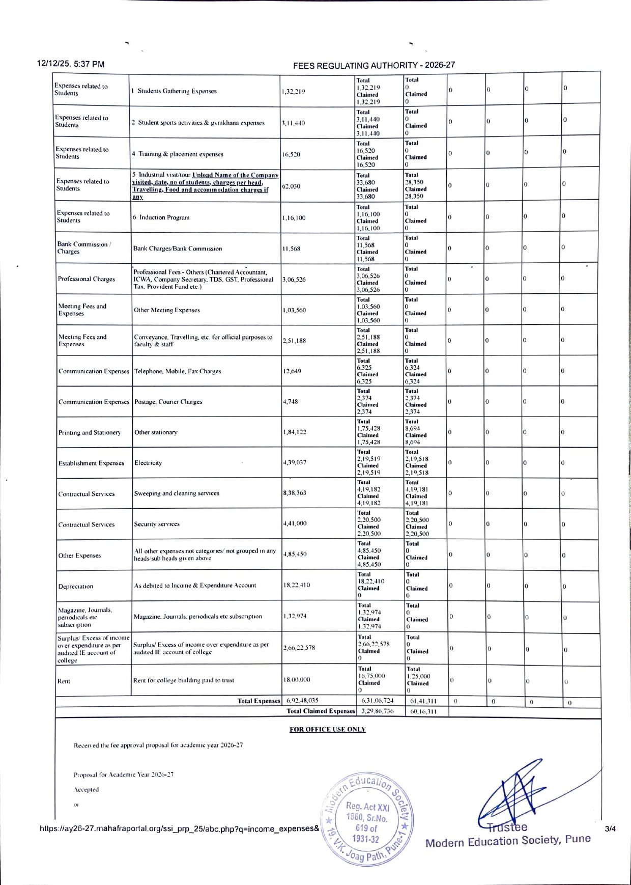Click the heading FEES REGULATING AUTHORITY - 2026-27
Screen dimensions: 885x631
374,65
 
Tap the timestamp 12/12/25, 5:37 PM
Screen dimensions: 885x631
71,64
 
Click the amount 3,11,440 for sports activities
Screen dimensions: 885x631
294,123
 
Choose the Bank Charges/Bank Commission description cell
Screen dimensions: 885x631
178,248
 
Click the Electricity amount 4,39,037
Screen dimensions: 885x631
295,462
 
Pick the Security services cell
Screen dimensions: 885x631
157,524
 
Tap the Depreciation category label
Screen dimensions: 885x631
75,586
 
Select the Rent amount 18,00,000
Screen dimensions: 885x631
297,680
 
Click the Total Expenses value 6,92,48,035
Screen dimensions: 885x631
302,701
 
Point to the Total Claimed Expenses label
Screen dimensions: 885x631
321,711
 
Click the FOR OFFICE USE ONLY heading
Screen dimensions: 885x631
328,730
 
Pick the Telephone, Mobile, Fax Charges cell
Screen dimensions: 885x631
178,371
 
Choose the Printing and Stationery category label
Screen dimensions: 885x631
90,433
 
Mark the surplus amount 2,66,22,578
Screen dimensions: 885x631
299,648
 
